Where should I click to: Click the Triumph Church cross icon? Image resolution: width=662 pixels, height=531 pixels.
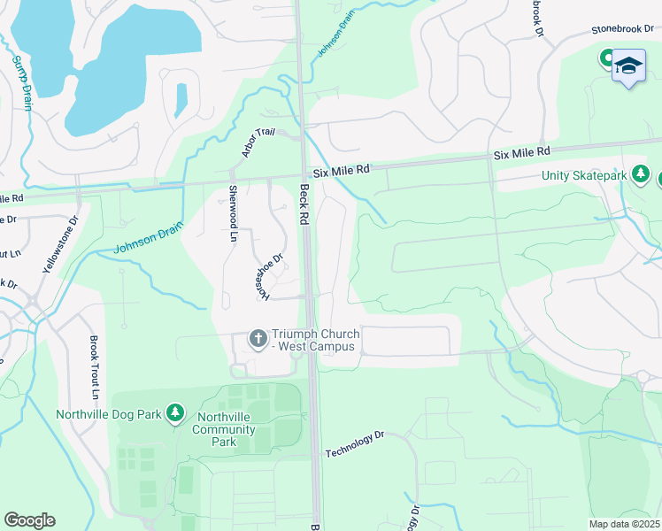pyautogui.click(x=258, y=339)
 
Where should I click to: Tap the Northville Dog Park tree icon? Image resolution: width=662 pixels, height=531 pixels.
pyautogui.click(x=175, y=413)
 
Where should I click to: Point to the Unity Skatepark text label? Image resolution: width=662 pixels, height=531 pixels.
pyautogui.click(x=584, y=176)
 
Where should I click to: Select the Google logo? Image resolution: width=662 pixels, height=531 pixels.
pyautogui.click(x=29, y=520)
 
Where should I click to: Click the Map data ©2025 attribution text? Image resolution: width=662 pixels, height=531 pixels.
pyautogui.click(x=623, y=524)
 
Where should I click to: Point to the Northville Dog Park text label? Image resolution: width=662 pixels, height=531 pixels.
pyautogui.click(x=109, y=414)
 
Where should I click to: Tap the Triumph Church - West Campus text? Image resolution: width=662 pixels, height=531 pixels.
pyautogui.click(x=315, y=340)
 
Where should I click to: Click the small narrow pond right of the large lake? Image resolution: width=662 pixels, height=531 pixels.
pyautogui.click(x=181, y=100)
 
